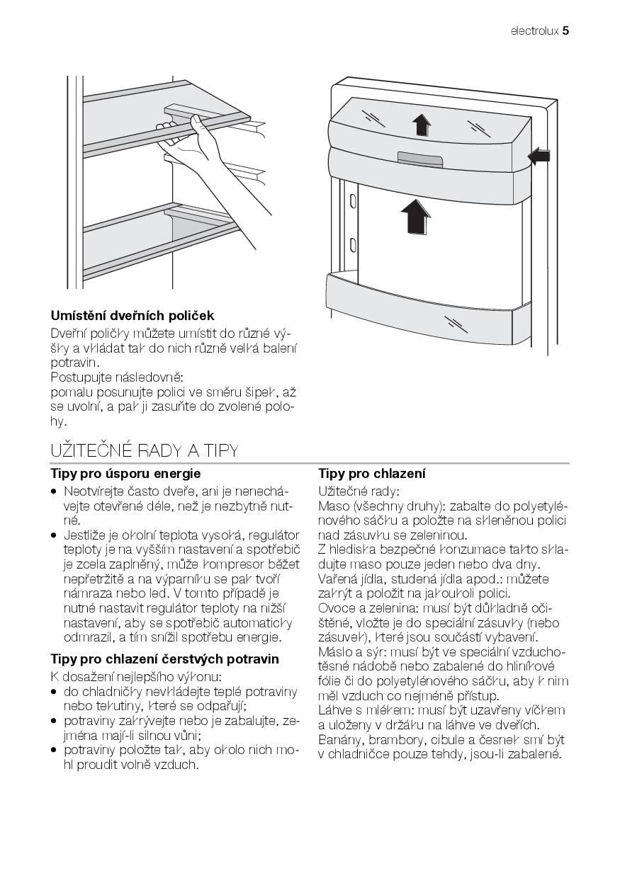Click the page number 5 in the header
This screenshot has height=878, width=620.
(565, 31)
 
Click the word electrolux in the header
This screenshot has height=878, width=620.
(534, 31)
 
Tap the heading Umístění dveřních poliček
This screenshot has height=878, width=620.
(133, 316)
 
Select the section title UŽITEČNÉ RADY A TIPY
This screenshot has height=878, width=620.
(145, 451)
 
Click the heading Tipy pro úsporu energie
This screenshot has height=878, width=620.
(125, 474)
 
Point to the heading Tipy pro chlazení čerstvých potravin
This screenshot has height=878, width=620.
(164, 659)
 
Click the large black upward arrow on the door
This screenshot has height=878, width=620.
(416, 217)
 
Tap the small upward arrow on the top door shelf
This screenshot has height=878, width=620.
(422, 125)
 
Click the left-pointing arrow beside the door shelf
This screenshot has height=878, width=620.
(539, 156)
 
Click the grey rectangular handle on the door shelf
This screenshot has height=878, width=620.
(420, 159)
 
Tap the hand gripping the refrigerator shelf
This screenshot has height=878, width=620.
(184, 142)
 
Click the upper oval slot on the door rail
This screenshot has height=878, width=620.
(353, 202)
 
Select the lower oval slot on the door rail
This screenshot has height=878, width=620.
(353, 246)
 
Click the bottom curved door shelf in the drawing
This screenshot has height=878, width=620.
(419, 309)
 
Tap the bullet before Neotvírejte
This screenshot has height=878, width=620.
(53, 491)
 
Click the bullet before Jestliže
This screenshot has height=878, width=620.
(53, 536)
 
